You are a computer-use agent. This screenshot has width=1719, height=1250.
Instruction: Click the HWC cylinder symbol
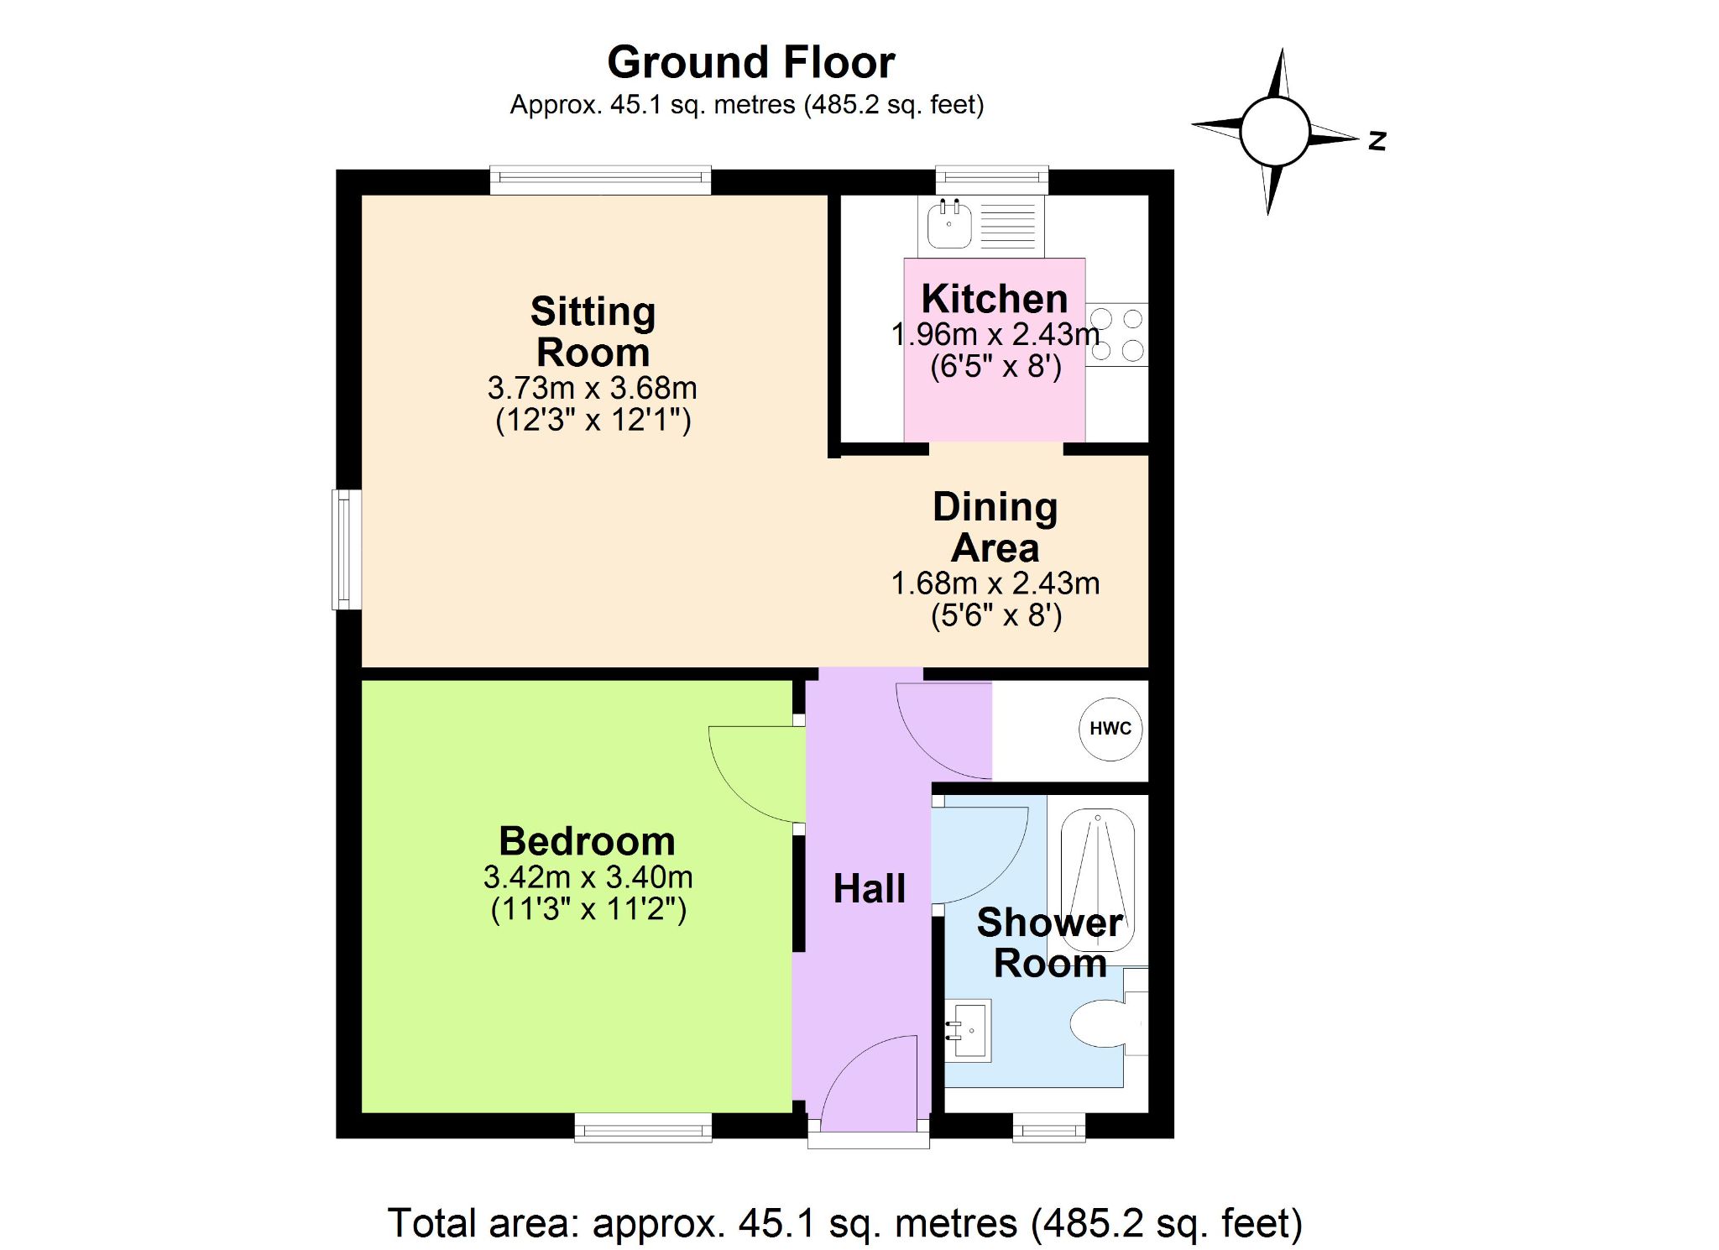tap(1110, 729)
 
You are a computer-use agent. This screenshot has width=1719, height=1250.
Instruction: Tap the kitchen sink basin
tap(949, 224)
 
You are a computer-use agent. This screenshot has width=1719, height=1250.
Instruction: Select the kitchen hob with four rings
tap(1116, 334)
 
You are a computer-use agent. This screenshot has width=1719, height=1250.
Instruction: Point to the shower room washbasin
tap(968, 1030)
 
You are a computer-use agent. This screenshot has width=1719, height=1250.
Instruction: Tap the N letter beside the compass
tap(1377, 140)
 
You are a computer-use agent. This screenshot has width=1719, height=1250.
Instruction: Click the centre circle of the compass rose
tap(1275, 132)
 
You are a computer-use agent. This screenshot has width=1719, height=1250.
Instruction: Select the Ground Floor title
tap(751, 62)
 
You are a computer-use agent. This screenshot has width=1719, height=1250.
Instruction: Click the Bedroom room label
tap(587, 841)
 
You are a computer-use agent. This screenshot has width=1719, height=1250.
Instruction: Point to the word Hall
tap(869, 888)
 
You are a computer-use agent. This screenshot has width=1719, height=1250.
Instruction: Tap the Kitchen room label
tap(995, 298)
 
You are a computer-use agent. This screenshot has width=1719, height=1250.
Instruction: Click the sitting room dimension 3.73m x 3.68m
tap(593, 388)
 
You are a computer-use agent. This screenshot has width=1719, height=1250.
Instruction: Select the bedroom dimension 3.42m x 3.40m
tap(588, 877)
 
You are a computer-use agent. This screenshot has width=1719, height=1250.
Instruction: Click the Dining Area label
tap(995, 527)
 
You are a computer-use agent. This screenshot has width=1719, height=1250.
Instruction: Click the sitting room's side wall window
tap(347, 550)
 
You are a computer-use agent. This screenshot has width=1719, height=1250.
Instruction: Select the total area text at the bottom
tap(845, 1223)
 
